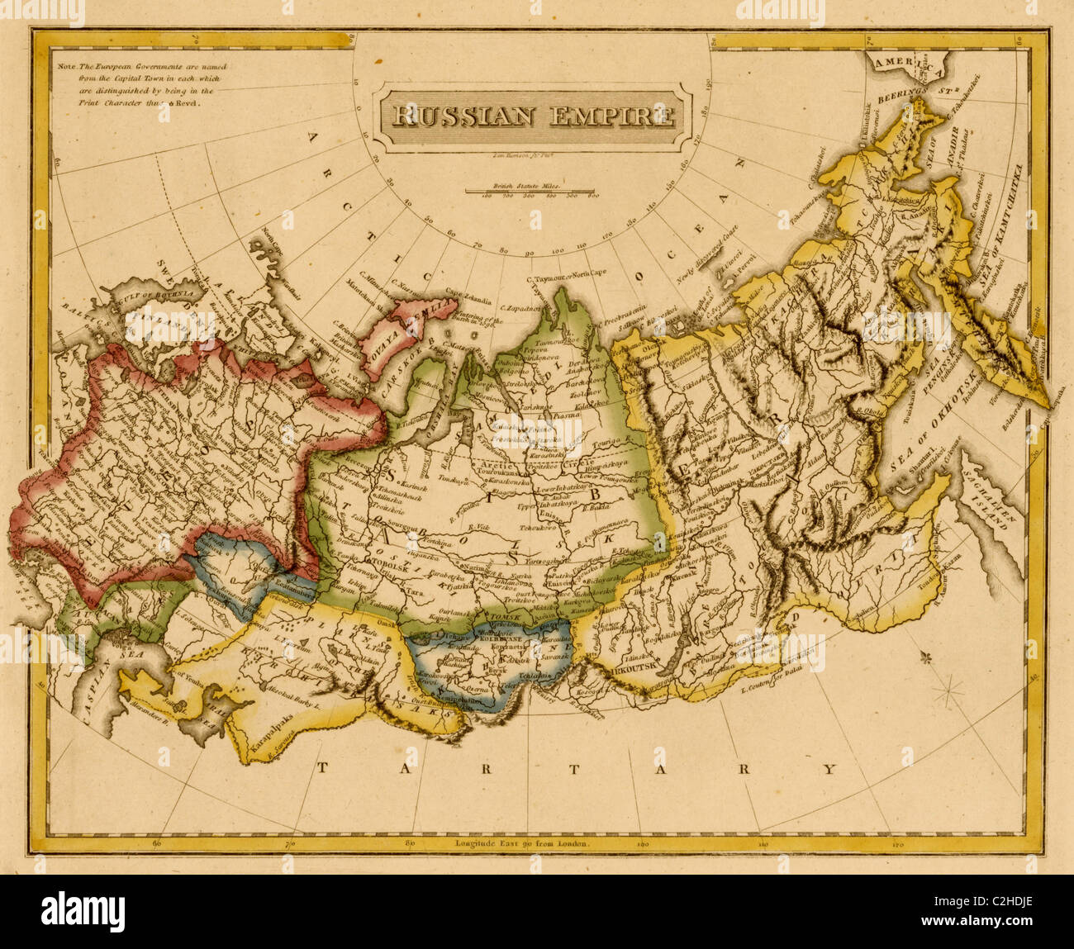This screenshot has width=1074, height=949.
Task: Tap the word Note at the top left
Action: [x=64, y=64]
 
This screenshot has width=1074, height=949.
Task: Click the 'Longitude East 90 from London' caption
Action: [x=522, y=844]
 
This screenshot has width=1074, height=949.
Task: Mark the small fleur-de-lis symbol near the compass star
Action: [x=924, y=657]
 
